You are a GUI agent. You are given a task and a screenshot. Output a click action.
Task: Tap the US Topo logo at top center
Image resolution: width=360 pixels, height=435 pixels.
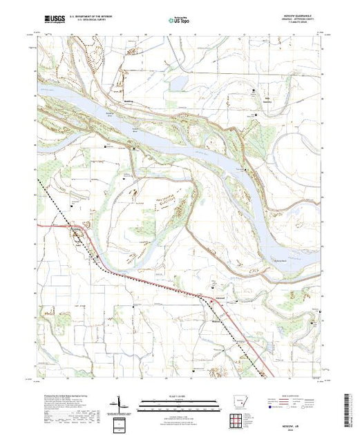coord(179,21)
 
